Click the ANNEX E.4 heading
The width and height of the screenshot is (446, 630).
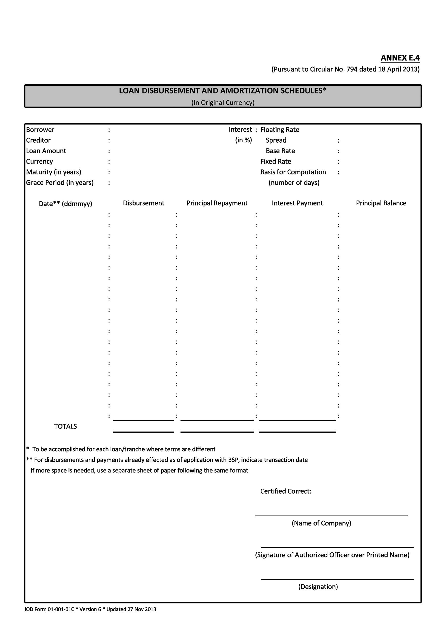[x=400, y=58]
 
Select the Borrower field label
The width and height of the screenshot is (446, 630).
[x=40, y=130]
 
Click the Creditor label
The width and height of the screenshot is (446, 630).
[x=38, y=140]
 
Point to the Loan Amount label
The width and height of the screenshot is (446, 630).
[x=46, y=151]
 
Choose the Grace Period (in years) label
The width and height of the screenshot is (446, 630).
[x=60, y=183]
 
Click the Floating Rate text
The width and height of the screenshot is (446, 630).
[x=280, y=130]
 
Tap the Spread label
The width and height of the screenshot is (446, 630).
[x=276, y=140]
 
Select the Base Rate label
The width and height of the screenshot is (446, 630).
[x=280, y=151]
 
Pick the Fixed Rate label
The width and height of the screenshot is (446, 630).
[x=276, y=162]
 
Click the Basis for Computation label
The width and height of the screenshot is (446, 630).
[x=293, y=172]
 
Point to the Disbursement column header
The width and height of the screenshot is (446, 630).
[x=143, y=203]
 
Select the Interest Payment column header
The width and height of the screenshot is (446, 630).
[x=297, y=203]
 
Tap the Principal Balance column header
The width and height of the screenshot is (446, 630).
[x=381, y=203]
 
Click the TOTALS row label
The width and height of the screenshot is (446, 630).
[x=65, y=426]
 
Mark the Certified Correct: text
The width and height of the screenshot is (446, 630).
[x=286, y=491]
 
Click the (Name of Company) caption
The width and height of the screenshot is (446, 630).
[x=321, y=523]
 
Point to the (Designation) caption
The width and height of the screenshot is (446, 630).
[x=318, y=587]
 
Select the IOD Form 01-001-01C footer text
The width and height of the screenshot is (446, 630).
[x=49, y=609]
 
